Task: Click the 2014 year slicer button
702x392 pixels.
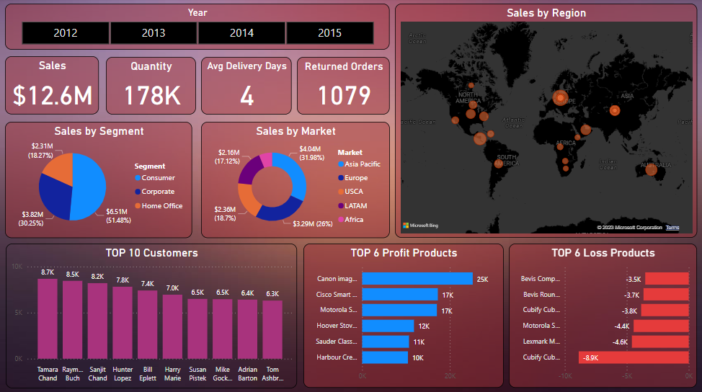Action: (241, 33)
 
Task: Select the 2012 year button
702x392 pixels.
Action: (66, 33)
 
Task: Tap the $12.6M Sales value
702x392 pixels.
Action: (52, 95)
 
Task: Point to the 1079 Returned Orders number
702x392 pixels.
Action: (344, 95)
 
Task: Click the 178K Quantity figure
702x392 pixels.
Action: (151, 95)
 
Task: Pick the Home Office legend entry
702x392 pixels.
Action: (161, 205)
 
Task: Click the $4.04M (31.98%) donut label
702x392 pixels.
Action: (309, 153)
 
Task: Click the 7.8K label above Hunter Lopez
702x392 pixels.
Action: (123, 280)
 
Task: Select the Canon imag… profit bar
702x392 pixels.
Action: (417, 278)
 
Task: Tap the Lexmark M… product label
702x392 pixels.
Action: (541, 341)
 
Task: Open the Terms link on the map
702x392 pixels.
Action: (672, 227)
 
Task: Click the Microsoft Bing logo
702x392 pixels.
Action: (421, 226)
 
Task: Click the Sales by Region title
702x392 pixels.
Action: (546, 13)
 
